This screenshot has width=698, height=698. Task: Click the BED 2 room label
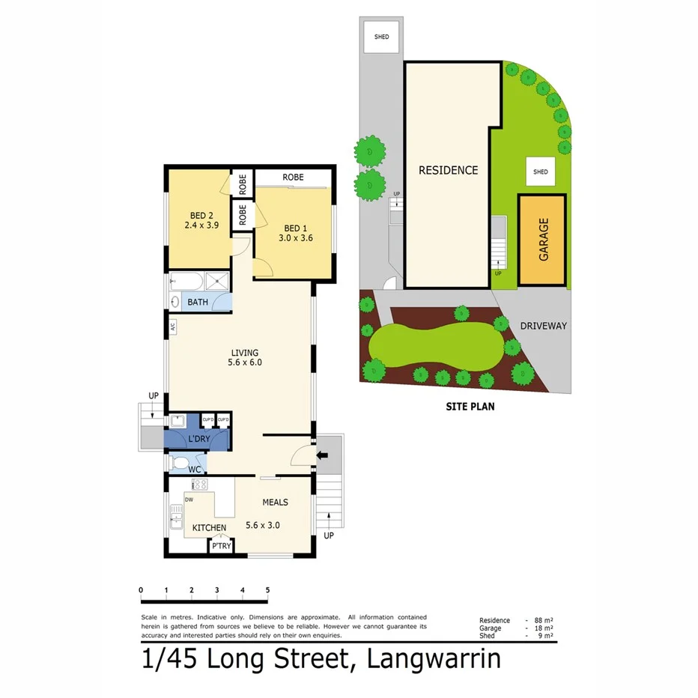(195, 214)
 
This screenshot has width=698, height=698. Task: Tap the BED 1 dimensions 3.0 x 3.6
(296, 238)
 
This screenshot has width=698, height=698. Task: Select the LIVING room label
(244, 353)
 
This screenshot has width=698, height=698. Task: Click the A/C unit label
(172, 327)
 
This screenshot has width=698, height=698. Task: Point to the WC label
(195, 470)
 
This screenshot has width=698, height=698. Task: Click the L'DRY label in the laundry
(198, 437)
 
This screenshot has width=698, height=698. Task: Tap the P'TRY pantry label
(221, 547)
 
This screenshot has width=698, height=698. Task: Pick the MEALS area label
(275, 503)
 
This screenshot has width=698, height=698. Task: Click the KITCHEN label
(209, 528)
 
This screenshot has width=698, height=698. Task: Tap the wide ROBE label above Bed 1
(293, 177)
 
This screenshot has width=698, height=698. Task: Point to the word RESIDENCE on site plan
(448, 170)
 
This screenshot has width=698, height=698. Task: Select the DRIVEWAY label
(543, 326)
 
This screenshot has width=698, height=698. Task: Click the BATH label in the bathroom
(198, 303)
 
